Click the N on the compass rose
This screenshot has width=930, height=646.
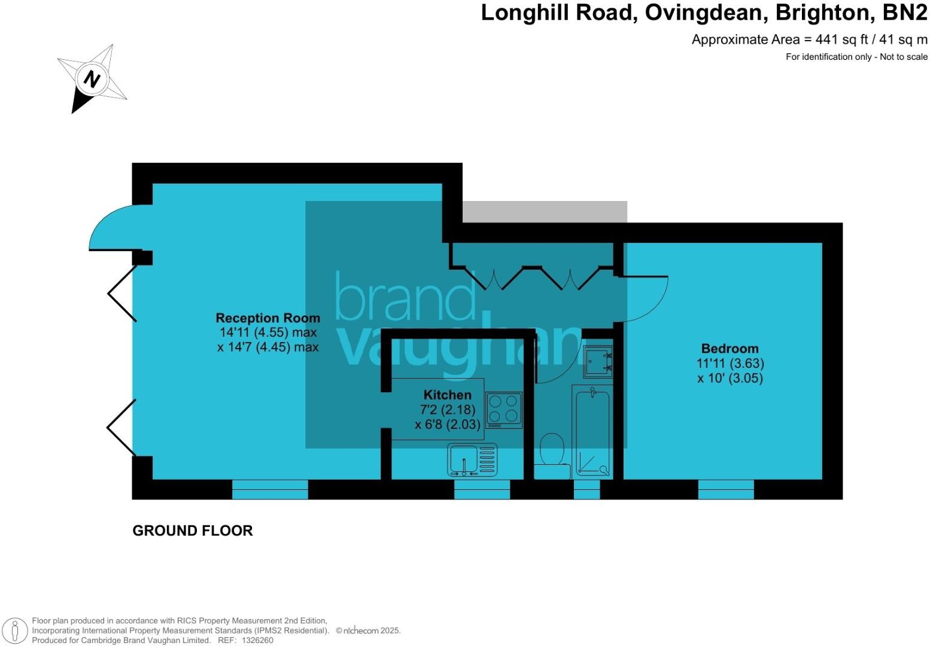[x=92, y=78]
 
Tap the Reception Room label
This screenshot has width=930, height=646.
[x=268, y=318]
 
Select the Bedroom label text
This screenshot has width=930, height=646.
[x=730, y=348]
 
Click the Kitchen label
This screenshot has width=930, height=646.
[x=447, y=395]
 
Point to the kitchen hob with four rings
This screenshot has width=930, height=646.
[x=504, y=410]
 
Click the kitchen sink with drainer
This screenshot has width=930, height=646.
[x=472, y=460]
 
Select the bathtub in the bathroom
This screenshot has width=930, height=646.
[x=592, y=432]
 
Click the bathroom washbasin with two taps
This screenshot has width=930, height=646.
[x=598, y=361]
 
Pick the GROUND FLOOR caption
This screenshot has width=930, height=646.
[x=193, y=531]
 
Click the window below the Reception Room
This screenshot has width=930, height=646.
[x=270, y=489]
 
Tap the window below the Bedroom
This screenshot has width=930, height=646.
[x=726, y=489]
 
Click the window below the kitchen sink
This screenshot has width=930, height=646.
[x=482, y=489]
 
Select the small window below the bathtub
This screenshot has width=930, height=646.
[x=586, y=489]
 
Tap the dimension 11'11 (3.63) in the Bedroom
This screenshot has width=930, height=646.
[x=730, y=364]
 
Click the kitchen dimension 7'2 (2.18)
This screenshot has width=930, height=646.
[x=448, y=410]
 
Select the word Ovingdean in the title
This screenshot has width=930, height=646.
[x=704, y=13]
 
